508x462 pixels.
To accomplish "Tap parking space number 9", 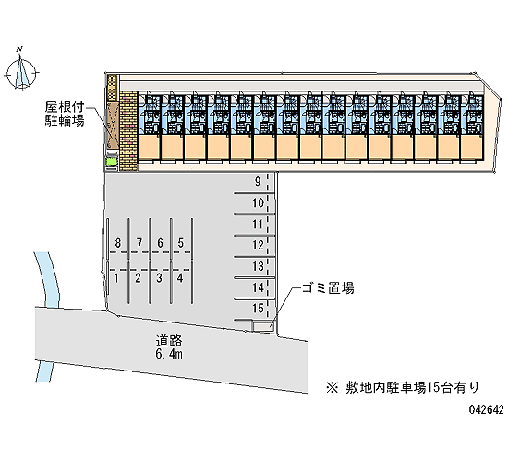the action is tap(258, 181).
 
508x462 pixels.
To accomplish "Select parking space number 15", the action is tap(258, 308).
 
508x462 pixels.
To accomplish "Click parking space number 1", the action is tap(116, 278).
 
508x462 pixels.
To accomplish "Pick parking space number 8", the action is tap(118, 242).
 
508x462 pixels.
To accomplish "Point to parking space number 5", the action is tap(181, 242).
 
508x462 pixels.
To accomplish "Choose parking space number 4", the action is tap(180, 278).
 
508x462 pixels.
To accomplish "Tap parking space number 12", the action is tap(258, 245).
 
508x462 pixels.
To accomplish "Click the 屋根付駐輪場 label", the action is tap(65, 114).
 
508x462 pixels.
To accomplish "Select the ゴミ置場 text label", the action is tap(328, 287).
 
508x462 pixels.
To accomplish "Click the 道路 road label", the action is tap(169, 341).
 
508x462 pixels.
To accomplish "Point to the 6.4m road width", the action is tap(169, 354).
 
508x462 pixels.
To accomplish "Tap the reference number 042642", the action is tap(487, 409).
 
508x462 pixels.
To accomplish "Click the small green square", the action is tap(111, 162).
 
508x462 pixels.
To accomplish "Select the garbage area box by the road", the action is tap(263, 326).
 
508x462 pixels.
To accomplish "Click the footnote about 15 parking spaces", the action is tap(403, 387).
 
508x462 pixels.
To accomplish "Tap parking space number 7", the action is tap(139, 242).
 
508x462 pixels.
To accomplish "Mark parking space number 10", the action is tap(258, 202).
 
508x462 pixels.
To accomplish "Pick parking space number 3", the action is tap(159, 278).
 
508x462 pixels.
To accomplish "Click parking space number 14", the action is tap(258, 287).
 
